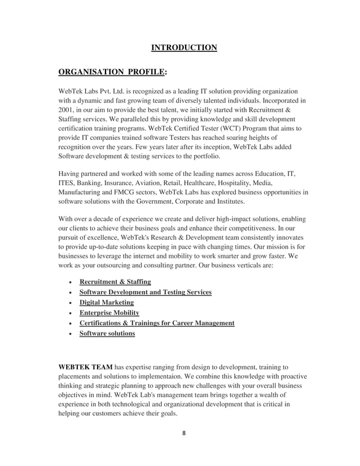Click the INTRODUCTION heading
[183, 47]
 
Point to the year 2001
[68, 111]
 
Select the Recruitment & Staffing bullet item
[115, 282]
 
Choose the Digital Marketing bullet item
[107, 302]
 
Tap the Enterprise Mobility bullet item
[109, 313]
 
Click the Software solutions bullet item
[107, 333]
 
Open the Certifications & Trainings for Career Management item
[157, 323]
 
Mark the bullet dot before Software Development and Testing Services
[69, 293]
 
